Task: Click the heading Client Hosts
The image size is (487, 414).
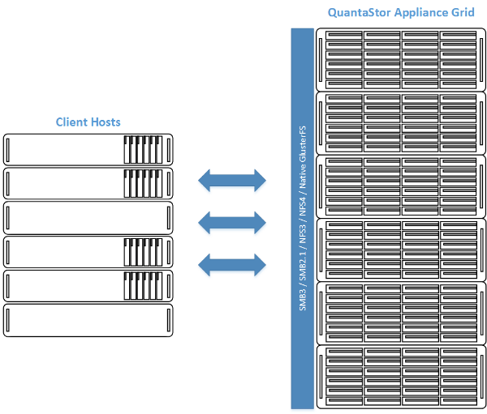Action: (x=88, y=122)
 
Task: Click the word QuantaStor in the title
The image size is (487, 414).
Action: (x=356, y=14)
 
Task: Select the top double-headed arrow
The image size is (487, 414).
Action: (x=233, y=181)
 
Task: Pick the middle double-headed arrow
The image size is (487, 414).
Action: (x=233, y=221)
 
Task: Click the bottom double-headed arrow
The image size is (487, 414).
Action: (x=233, y=263)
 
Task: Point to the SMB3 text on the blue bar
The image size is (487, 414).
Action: (x=303, y=297)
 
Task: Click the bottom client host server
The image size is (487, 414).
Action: (x=88, y=321)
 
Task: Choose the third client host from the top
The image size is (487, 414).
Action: (x=88, y=219)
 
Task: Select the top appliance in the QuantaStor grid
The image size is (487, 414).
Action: (x=401, y=60)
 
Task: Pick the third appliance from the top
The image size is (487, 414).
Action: (x=401, y=186)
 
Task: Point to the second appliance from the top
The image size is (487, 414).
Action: (x=401, y=122)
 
